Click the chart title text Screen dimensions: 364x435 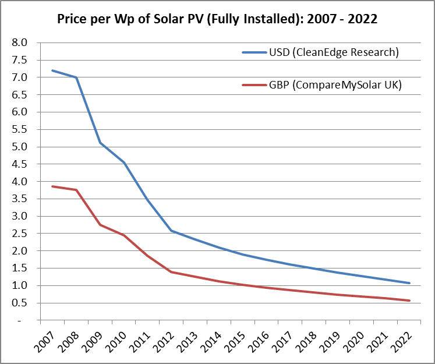click(217, 19)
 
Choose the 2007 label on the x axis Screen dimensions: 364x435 click(44, 341)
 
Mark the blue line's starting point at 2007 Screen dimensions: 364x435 click(52, 70)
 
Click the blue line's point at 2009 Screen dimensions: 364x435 click(100, 143)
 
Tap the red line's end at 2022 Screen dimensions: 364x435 click(410, 301)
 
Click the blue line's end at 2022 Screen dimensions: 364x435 click(410, 283)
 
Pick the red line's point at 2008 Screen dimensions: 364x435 click(76, 190)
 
